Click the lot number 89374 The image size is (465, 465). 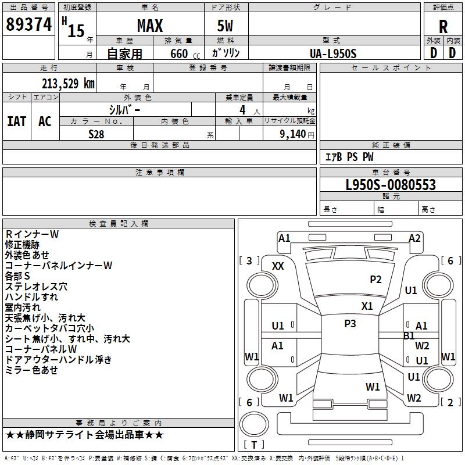[x=28, y=24]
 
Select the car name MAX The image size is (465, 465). [x=150, y=26]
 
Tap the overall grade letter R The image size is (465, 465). [x=443, y=27]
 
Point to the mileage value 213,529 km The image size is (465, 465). [x=68, y=84]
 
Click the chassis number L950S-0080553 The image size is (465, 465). [x=391, y=185]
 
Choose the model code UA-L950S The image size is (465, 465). [x=332, y=53]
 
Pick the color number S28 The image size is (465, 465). [x=96, y=134]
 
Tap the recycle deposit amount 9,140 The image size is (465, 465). [x=293, y=134]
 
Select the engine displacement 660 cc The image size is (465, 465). [x=185, y=53]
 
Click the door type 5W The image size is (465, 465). [x=225, y=26]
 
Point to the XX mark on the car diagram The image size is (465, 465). [x=278, y=266]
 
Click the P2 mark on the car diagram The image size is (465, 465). [x=375, y=280]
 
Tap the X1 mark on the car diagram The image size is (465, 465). [x=367, y=306]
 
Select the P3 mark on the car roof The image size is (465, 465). [x=350, y=324]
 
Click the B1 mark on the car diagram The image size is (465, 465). [x=409, y=336]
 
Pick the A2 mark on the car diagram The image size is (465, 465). [x=414, y=238]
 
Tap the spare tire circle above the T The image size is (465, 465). [x=254, y=424]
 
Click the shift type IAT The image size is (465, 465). [x=17, y=121]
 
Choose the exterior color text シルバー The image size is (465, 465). [x=124, y=110]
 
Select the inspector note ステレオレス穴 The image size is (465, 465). [x=36, y=287]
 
